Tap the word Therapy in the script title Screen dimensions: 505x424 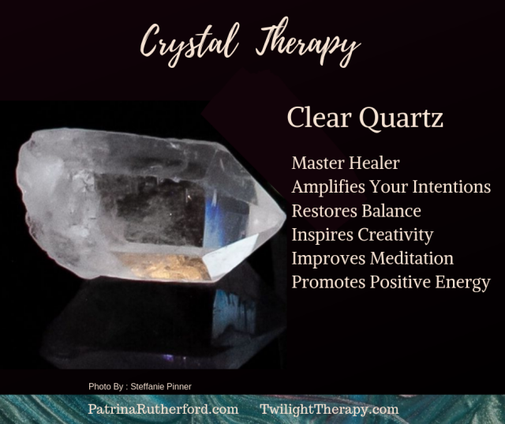309,43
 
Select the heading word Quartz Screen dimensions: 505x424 401,118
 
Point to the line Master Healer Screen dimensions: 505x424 346,163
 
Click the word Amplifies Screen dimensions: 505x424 328,187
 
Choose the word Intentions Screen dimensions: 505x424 451,187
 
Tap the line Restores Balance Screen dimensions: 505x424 356,211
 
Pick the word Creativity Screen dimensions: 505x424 396,235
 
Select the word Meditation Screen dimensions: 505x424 412,258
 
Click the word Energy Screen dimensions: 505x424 463,283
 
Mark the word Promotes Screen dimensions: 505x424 328,282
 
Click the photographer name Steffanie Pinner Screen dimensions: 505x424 161,387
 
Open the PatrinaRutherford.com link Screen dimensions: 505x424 163,409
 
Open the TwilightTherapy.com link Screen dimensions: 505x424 329,410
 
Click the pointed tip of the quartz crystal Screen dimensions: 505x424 285,216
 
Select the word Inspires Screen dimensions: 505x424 323,235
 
